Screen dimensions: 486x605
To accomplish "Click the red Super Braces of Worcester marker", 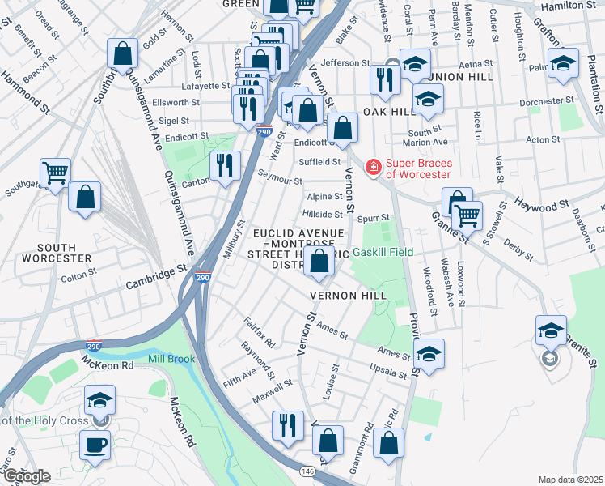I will point(373,167).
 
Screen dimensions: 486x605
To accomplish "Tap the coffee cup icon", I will point(95,445).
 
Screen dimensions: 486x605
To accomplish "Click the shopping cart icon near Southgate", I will point(55,173).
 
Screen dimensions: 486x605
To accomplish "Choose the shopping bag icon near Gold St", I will point(121,54).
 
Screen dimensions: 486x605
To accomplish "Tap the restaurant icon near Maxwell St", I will point(287,426).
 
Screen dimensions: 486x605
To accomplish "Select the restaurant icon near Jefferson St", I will point(383,79).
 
